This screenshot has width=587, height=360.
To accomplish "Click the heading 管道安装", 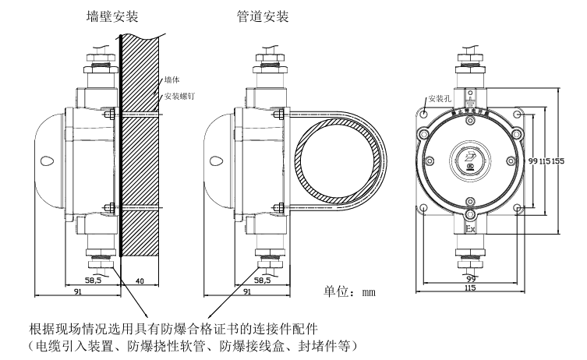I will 263,16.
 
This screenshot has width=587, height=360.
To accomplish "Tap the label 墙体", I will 172,80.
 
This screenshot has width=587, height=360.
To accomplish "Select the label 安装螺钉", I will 179,97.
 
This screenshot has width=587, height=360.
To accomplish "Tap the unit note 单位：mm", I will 350,294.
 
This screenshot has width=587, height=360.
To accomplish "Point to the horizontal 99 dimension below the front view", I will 470,278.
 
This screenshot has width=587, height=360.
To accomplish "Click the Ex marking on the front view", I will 470,231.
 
